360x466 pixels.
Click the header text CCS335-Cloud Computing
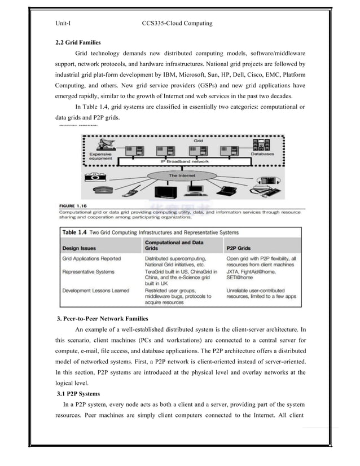[178, 23]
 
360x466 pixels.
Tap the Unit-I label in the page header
[62, 23]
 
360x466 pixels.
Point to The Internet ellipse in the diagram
[181, 176]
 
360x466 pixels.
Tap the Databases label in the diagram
[263, 153]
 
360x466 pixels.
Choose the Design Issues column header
[79, 247]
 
